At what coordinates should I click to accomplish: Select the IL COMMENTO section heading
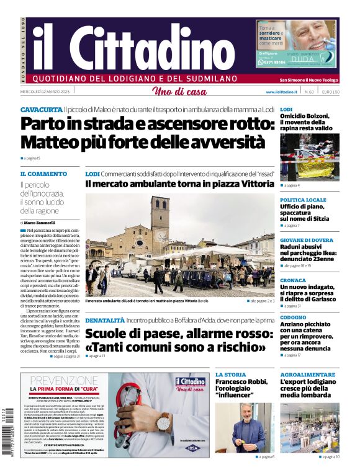click(43, 174)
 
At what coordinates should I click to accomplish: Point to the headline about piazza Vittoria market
click(179, 184)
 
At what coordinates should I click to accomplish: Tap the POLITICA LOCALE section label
click(303, 200)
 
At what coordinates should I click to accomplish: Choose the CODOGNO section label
click(293, 317)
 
